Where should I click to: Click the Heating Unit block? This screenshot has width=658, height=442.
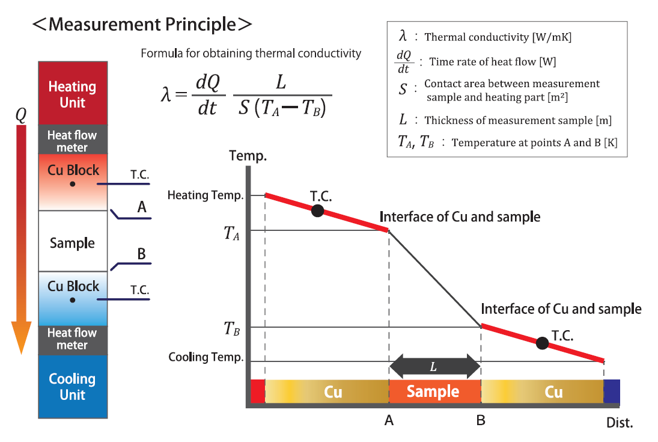[x=72, y=94]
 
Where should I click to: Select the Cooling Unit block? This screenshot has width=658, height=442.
[x=72, y=387]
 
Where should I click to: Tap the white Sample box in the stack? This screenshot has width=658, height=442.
[x=72, y=243]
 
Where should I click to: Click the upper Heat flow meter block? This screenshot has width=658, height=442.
[x=72, y=141]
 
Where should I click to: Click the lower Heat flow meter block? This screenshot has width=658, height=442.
[x=72, y=339]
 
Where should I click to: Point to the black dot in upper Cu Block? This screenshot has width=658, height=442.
[x=72, y=184]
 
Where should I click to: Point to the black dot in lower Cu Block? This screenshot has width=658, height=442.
[x=72, y=299]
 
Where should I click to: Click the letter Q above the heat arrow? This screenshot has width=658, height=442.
[x=21, y=115]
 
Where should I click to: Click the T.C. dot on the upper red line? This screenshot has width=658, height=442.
[x=318, y=210]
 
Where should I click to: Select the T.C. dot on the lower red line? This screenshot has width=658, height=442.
[x=542, y=343]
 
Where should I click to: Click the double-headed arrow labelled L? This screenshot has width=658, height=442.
[x=435, y=366]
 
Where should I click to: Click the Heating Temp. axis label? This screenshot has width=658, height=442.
[x=205, y=195]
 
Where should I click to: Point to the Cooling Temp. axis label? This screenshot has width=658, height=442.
[x=206, y=357]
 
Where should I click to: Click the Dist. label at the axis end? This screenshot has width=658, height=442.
[x=619, y=422]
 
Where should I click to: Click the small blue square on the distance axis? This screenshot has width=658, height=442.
[x=611, y=391]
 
